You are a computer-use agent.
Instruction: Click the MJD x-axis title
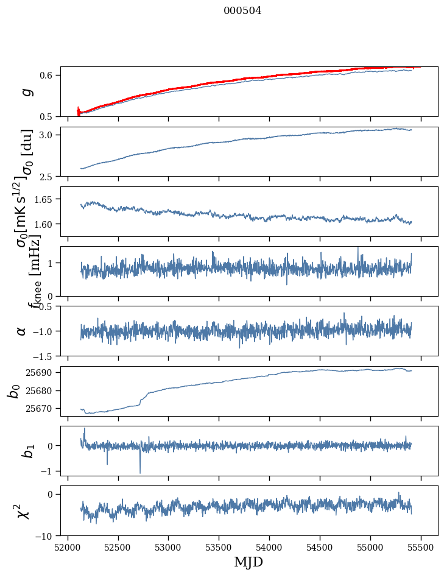248,562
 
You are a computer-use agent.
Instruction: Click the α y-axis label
22,331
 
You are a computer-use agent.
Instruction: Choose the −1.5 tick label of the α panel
45,356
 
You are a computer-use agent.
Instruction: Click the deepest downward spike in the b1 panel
140,473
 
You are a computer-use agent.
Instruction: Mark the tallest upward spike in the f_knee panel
358,247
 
